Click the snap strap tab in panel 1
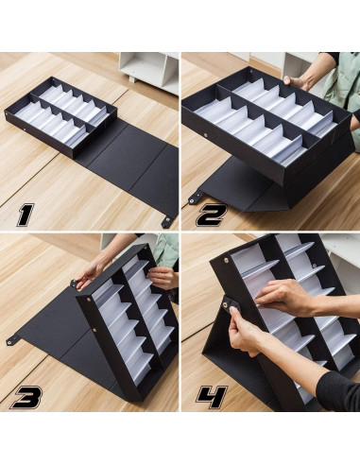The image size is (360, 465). coord(167,220)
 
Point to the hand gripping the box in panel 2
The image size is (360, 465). coord(300,82)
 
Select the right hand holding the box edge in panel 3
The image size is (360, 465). coord(162,278)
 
